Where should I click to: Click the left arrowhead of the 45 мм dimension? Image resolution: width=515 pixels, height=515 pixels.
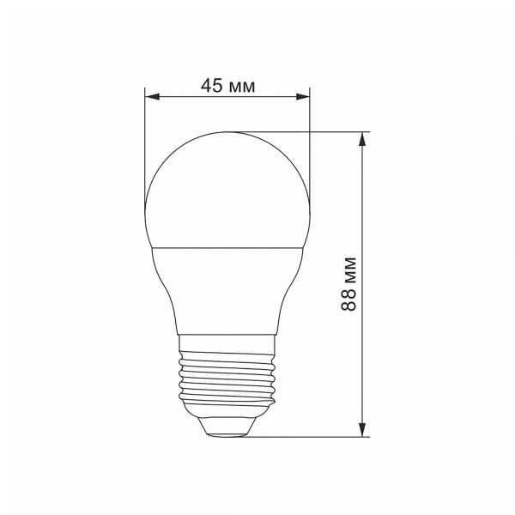click(151, 98)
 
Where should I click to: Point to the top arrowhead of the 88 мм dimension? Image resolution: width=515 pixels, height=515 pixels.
click(365, 138)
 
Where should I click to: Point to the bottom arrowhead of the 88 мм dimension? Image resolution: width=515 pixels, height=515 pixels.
click(365, 429)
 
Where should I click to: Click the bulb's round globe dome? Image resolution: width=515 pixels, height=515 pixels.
click(227, 189)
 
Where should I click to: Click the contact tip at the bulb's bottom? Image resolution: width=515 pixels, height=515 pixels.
click(227, 427)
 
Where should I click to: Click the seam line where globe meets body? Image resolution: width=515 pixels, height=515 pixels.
click(227, 249)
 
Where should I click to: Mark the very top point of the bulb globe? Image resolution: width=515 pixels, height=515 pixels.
click(227, 132)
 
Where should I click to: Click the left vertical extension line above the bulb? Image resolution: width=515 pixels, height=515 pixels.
click(145, 137)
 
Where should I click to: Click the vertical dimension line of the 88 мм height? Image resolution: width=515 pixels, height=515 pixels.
click(365, 215)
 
